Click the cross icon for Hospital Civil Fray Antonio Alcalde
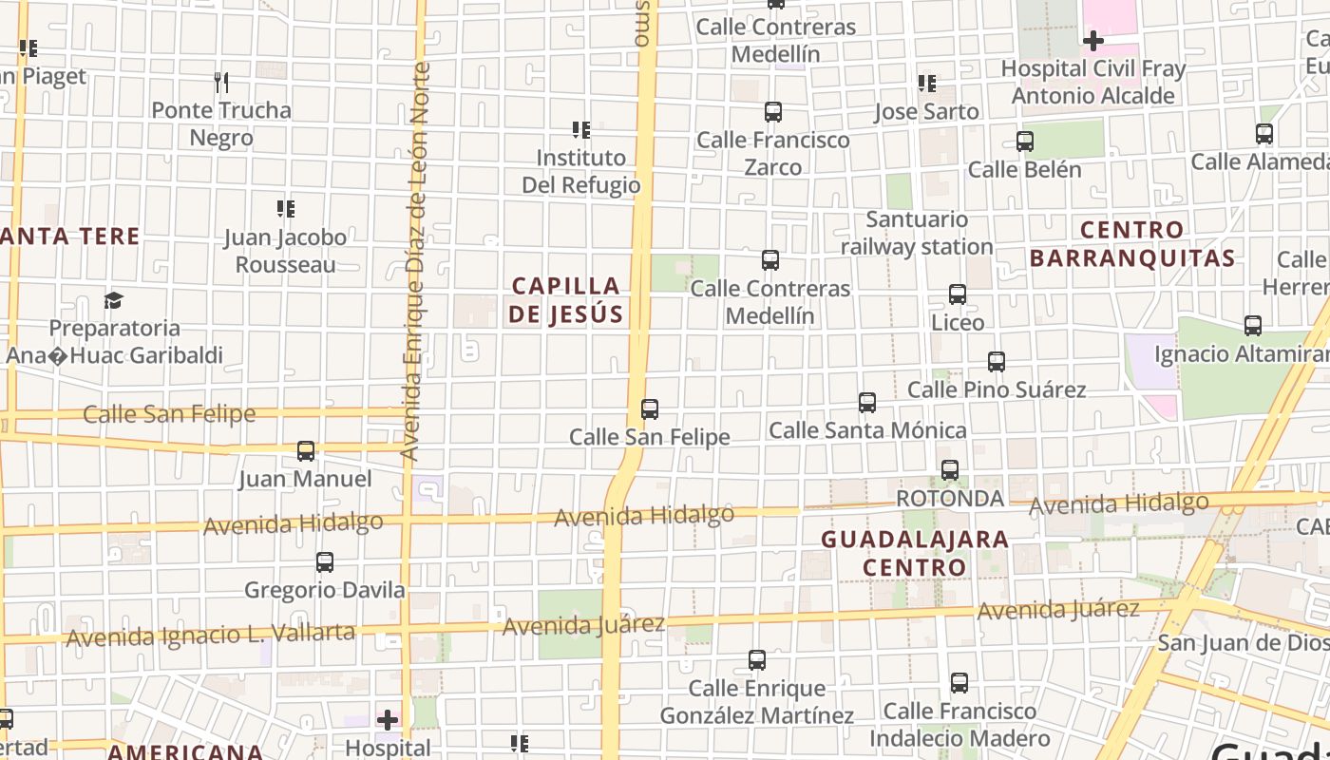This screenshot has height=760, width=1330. [1092, 41]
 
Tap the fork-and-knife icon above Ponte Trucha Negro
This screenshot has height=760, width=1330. [221, 83]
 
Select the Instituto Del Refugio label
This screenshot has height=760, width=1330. [580, 171]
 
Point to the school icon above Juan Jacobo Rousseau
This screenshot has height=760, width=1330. [285, 208]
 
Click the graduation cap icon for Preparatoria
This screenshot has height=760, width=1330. [114, 301]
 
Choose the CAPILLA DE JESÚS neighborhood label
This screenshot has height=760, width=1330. [565, 299]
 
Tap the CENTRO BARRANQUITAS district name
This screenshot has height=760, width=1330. [1132, 243]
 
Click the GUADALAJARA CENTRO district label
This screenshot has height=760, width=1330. [914, 553]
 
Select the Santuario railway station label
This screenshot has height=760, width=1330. [917, 233]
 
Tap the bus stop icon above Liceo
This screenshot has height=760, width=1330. [958, 294]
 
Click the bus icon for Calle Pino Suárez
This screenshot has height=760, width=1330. [996, 362]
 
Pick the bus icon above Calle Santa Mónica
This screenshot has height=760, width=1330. [866, 403]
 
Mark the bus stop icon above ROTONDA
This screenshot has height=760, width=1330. [949, 470]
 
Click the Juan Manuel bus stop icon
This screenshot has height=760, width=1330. [305, 451]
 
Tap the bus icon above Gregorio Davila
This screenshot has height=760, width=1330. [324, 562]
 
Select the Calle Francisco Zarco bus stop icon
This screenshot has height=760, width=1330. [772, 112]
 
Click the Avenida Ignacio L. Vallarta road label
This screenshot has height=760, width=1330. [211, 634]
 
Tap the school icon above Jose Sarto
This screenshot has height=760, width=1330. [926, 84]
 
